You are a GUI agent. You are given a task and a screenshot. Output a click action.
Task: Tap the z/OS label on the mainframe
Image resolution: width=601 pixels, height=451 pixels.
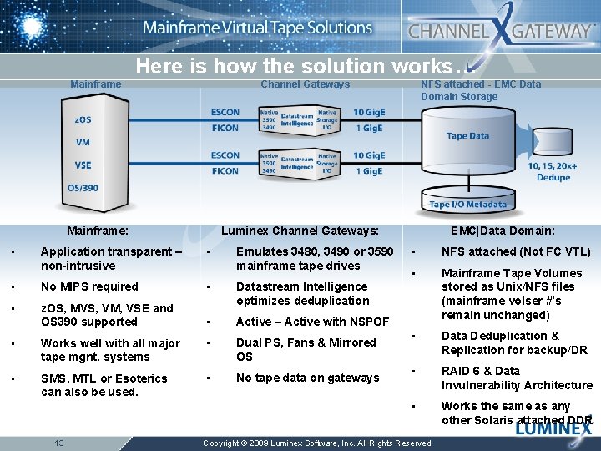[x=83, y=119]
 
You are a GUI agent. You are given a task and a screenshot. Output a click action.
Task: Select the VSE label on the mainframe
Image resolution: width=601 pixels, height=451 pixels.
[x=83, y=165]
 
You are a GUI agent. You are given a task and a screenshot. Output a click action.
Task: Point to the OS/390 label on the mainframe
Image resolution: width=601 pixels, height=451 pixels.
[x=83, y=187]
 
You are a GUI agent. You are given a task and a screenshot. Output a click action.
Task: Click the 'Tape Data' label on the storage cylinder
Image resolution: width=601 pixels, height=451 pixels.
[x=467, y=136]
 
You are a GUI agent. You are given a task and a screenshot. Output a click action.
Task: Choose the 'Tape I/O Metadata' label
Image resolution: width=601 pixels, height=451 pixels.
[x=467, y=205]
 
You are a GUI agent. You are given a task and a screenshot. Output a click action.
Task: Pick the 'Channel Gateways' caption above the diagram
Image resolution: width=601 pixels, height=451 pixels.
[x=306, y=84]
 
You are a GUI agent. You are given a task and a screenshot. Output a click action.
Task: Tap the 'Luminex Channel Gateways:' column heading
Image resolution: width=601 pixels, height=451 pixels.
[x=300, y=231]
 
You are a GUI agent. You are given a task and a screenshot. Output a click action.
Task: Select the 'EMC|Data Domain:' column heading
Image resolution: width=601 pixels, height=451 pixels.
[x=503, y=231]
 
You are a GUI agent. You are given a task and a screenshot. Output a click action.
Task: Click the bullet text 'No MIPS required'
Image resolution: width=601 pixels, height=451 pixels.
[x=89, y=286]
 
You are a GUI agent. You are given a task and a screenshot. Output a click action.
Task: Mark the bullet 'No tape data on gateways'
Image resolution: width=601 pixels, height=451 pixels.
[x=307, y=378]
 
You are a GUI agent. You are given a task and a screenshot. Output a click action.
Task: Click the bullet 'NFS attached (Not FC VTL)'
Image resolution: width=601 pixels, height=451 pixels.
[x=516, y=251]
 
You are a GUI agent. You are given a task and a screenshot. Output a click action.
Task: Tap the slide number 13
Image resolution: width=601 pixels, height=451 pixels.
[x=59, y=442]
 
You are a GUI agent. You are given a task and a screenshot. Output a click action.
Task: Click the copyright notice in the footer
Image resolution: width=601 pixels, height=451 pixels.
[x=318, y=443]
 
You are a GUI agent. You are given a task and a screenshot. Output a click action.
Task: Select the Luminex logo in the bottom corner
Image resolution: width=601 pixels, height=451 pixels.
[x=553, y=429]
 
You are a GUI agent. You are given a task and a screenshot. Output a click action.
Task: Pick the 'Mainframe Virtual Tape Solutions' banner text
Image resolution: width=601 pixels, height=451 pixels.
[x=257, y=28]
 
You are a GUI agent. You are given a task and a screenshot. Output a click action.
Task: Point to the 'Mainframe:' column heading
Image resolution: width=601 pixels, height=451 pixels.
[x=98, y=231]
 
